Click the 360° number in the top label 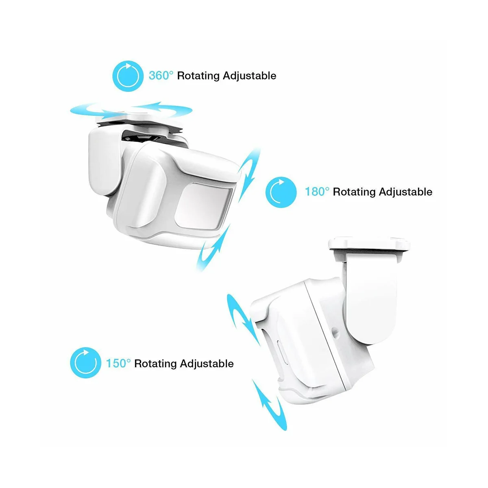161,76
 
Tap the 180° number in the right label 317,192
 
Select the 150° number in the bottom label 118,363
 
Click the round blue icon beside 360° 128,76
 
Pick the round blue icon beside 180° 281,192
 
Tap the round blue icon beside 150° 85,363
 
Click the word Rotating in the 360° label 198,76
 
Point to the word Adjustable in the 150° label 207,363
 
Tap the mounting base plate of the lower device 368,246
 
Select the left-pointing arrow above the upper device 167,108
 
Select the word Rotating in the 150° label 155,363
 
